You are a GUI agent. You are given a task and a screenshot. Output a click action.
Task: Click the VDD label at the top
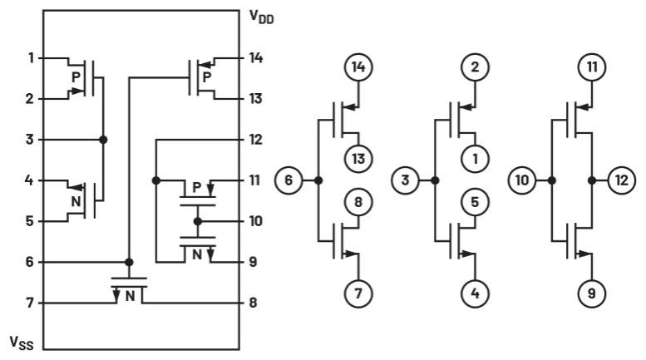pyautogui.click(x=262, y=16)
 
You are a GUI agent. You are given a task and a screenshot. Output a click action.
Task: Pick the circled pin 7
pyautogui.click(x=357, y=293)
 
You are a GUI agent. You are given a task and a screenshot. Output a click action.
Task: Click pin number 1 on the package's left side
pyautogui.click(x=30, y=58)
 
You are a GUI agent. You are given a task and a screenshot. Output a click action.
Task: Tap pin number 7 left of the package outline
pyautogui.click(x=30, y=303)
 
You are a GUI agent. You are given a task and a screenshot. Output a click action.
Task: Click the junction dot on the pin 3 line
pyautogui.click(x=103, y=140)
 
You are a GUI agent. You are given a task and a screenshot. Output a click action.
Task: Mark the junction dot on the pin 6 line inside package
pyautogui.click(x=128, y=262)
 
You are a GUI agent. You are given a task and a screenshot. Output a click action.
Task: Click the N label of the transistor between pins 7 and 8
pyautogui.click(x=130, y=293)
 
